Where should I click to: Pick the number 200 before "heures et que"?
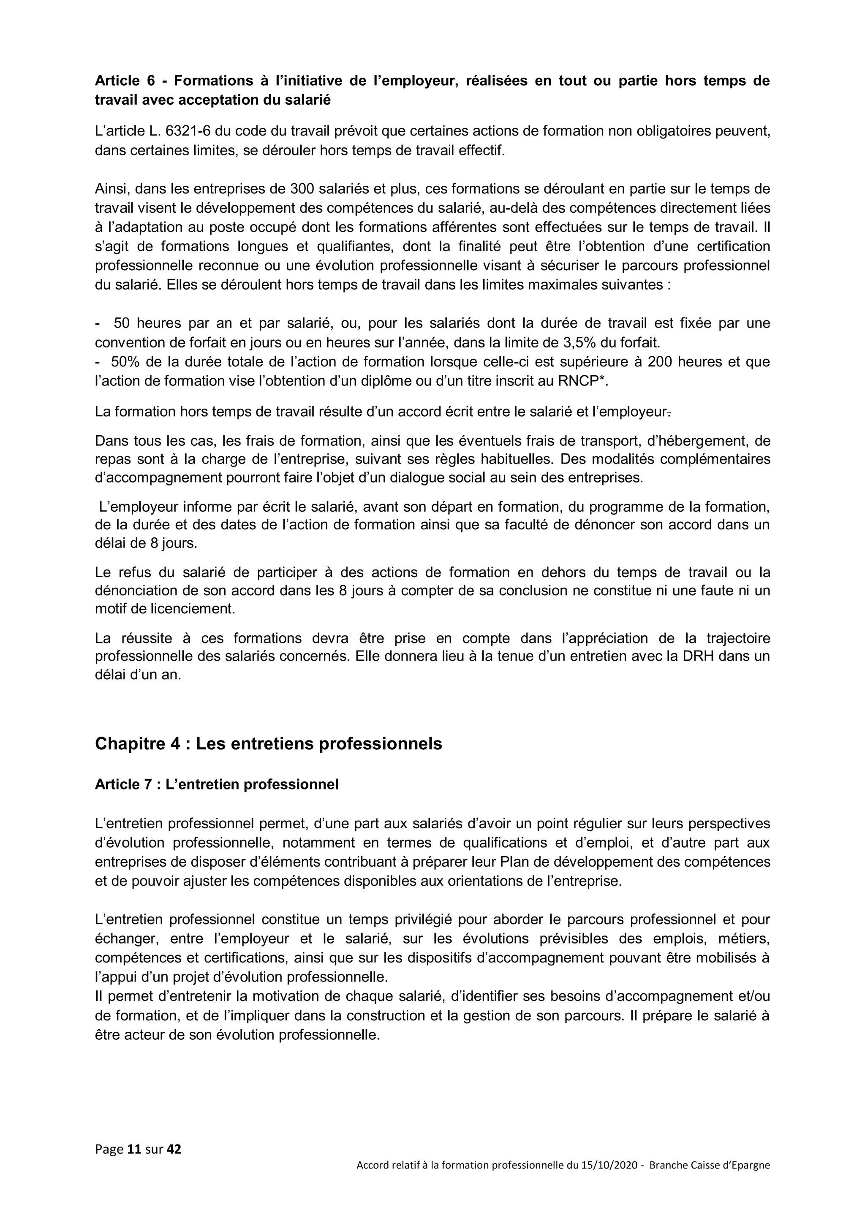(x=659, y=362)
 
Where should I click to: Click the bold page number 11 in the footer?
(x=134, y=1150)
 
